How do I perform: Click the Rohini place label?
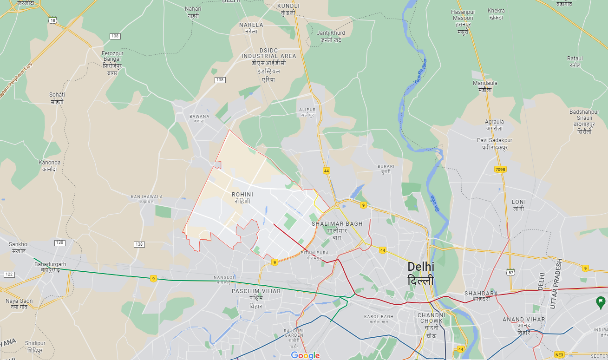click(243, 197)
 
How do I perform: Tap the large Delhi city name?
click(421, 273)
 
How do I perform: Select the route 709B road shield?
click(500, 170)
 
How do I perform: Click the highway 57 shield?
click(510, 272)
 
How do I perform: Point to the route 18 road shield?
click(52, 20)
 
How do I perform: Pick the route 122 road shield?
click(9, 275)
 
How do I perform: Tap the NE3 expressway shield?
click(559, 355)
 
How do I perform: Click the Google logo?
click(305, 355)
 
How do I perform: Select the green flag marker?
click(601, 303)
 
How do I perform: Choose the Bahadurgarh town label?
click(50, 267)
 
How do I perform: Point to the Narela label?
click(251, 28)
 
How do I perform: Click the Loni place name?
click(518, 205)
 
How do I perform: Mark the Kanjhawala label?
click(147, 199)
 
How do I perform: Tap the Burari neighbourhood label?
click(386, 169)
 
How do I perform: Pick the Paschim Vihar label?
click(256, 298)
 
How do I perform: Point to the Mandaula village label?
click(485, 86)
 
